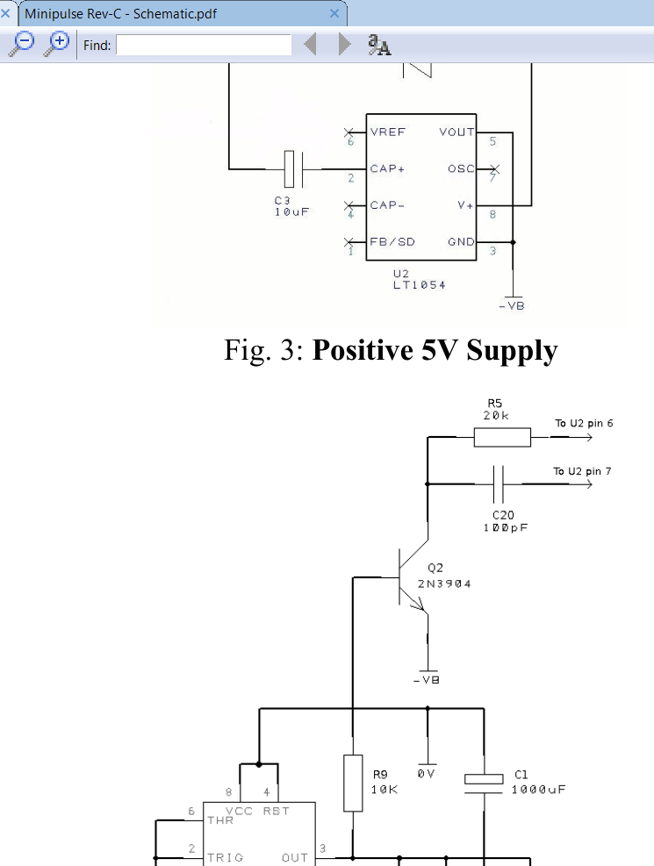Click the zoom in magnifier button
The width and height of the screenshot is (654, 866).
(x=58, y=43)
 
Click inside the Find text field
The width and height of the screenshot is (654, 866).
(x=204, y=45)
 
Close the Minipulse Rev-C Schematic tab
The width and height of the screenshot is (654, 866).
(x=334, y=13)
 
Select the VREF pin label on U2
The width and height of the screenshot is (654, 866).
(x=388, y=132)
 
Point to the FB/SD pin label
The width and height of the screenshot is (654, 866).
(x=392, y=242)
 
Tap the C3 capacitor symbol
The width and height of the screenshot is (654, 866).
(x=295, y=168)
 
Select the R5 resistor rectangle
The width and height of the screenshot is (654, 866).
(x=502, y=437)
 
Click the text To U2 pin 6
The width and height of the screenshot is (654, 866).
(x=584, y=424)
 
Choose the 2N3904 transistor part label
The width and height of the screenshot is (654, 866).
(x=444, y=583)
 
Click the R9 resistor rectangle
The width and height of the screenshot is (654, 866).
(x=352, y=783)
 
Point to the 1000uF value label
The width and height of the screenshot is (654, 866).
(x=538, y=790)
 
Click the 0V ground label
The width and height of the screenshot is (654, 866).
(x=428, y=775)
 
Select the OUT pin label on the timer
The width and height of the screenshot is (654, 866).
(x=294, y=857)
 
